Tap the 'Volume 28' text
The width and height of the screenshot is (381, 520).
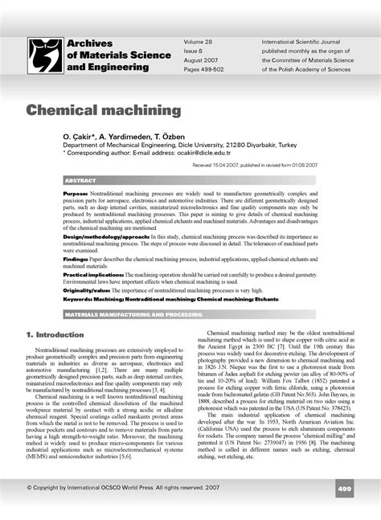tap(198, 39)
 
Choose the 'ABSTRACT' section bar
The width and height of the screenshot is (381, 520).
tap(80, 181)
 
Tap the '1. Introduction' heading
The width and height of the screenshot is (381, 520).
tap(55, 334)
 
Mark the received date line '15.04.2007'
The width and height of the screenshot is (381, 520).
tap(256, 163)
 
